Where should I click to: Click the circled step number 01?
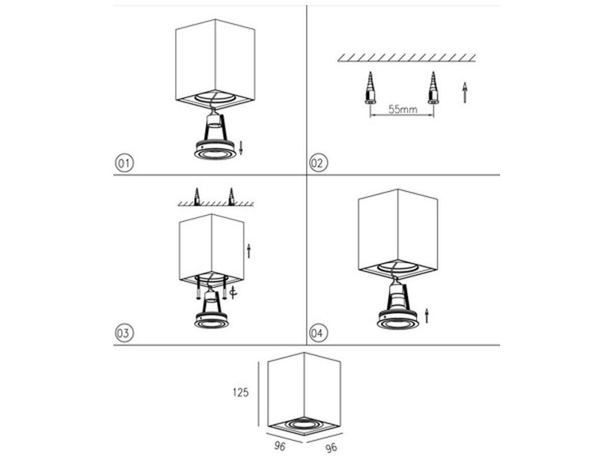(124, 163)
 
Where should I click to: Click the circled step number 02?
(318, 163)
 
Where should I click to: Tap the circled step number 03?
(124, 333)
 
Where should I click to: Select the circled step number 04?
(318, 333)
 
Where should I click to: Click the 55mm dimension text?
(403, 109)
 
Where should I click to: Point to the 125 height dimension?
(241, 393)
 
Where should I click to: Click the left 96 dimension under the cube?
(279, 446)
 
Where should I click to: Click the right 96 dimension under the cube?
(331, 448)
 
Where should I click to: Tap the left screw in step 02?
(370, 88)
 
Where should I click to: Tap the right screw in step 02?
(433, 88)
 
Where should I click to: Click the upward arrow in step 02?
(465, 93)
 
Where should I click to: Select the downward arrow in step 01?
(241, 148)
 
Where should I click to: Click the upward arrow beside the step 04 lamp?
(427, 315)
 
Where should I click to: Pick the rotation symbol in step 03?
(233, 293)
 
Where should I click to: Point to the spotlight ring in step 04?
(397, 324)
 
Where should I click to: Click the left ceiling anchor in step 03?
(197, 197)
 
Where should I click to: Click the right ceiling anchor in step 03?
(231, 197)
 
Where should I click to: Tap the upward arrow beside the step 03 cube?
(249, 251)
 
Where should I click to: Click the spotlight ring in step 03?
(211, 324)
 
